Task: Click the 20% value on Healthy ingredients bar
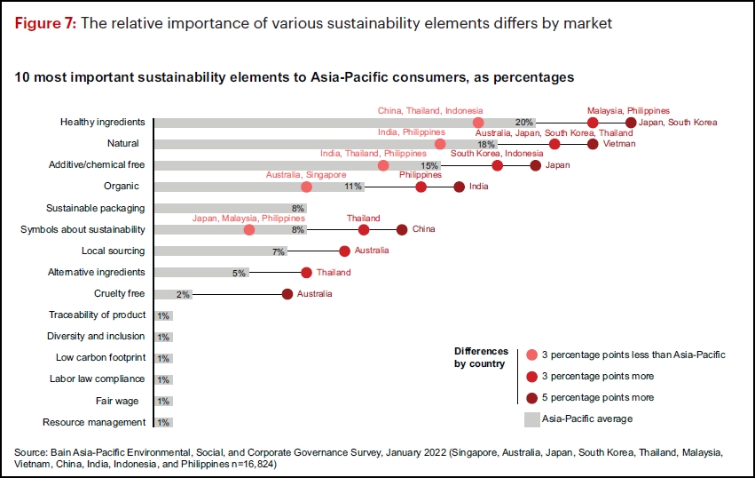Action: click(523, 123)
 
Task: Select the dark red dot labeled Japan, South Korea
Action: click(631, 123)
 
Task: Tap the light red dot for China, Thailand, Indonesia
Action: click(478, 123)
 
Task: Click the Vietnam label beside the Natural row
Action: click(619, 144)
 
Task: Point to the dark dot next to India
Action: click(460, 187)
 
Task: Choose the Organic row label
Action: click(122, 187)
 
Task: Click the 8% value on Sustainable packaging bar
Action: click(297, 209)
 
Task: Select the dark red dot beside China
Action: click(402, 230)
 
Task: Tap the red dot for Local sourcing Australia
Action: click(344, 251)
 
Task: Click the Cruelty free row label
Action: click(119, 293)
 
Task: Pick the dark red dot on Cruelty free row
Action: click(287, 294)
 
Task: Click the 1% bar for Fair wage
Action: click(163, 402)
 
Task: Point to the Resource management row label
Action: click(94, 423)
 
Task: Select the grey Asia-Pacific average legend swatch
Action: click(532, 419)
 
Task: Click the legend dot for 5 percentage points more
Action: click(531, 398)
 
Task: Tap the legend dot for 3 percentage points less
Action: click(531, 355)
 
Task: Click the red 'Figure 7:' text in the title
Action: click(45, 23)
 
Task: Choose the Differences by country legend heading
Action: click(481, 357)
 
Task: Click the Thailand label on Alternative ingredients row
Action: click(334, 273)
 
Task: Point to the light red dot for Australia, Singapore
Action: click(306, 187)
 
